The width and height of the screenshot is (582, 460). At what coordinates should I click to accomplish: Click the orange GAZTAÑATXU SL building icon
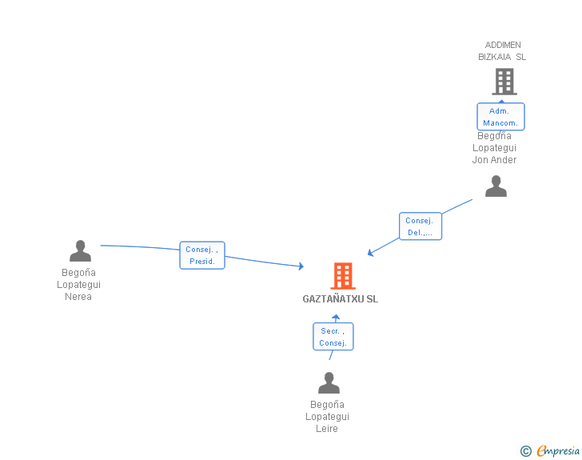[343, 276]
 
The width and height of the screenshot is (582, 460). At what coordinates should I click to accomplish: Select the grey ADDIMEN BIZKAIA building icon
[504, 82]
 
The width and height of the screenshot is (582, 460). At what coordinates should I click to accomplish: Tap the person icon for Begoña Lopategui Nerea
[80, 251]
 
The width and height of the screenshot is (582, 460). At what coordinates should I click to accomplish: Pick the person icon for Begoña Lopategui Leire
[329, 383]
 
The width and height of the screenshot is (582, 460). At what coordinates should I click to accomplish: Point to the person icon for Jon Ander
[496, 186]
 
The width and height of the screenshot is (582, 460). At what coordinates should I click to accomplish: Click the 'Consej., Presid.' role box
[202, 255]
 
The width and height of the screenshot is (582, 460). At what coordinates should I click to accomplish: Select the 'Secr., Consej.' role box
[333, 337]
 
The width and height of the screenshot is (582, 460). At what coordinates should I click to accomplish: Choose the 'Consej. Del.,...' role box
[420, 226]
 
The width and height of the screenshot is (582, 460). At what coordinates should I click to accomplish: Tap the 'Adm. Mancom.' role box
[501, 117]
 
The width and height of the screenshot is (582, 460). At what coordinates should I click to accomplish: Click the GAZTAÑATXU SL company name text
[341, 299]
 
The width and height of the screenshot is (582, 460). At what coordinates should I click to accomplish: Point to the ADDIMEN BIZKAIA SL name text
[502, 51]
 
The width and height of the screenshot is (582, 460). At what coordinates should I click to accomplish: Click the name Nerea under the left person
[78, 297]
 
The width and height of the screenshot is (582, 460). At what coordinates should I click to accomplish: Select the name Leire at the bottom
[327, 429]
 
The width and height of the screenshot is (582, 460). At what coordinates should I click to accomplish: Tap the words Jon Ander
[494, 160]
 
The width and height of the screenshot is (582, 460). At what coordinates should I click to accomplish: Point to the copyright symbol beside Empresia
[525, 452]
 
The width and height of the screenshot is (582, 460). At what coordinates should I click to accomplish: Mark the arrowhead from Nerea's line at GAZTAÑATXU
[301, 266]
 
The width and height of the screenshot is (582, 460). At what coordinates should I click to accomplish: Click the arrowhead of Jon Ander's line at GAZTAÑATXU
[370, 253]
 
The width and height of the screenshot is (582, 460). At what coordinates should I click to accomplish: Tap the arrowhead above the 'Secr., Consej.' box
[336, 318]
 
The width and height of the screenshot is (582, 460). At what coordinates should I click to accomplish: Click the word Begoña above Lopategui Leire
[327, 405]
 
